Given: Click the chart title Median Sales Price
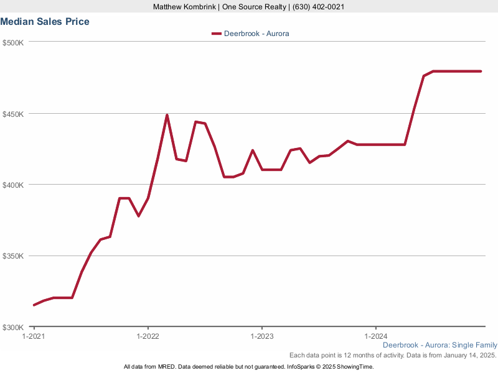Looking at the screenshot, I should (45, 22).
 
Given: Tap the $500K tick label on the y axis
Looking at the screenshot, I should (13, 43).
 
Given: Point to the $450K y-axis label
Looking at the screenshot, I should (13, 114).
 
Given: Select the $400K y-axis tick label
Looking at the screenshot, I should (13, 185).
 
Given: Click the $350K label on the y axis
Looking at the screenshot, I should (13, 256).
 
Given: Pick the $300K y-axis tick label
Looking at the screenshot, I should (13, 328).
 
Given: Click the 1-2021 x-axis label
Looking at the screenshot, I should (34, 336).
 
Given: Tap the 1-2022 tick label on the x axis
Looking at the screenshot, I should (148, 336).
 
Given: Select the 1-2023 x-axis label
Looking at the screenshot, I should (261, 336).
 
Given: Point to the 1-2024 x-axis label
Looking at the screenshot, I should (375, 336).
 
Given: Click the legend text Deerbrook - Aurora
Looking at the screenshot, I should (256, 34).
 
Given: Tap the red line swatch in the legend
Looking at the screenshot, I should (216, 34).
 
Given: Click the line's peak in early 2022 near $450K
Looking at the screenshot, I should (167, 115).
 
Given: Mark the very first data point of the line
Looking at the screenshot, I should (34, 305).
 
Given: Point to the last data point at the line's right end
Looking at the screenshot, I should (481, 71).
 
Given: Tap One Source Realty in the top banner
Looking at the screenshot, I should (248, 7).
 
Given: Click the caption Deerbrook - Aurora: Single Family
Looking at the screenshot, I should (439, 345).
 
